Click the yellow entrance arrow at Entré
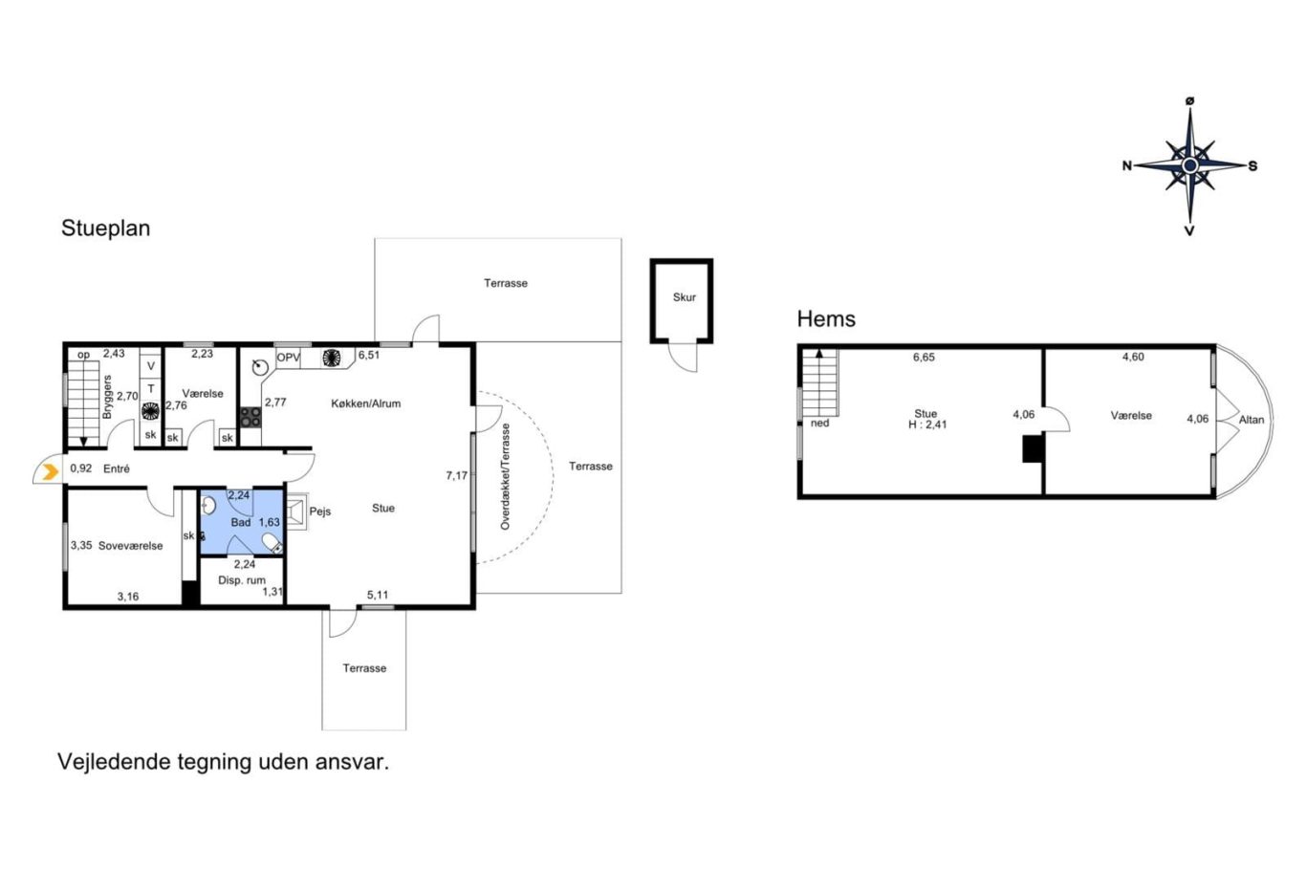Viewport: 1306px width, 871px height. point(52,471)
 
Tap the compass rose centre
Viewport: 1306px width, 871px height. point(1190,166)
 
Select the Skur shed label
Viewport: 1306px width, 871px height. point(684,297)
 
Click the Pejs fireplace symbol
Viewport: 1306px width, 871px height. point(296,512)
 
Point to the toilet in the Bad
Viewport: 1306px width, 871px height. point(272,543)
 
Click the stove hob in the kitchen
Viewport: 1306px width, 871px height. point(250,418)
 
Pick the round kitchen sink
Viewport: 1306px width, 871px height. point(260,367)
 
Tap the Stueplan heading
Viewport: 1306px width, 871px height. point(105,228)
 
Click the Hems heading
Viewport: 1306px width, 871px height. point(826,319)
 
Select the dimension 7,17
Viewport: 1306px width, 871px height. point(456,476)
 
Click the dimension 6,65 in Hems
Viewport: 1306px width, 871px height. point(924,358)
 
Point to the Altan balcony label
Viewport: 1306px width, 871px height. point(1252,420)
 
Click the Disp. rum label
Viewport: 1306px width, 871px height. point(241,580)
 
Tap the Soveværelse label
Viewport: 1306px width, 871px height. point(131,546)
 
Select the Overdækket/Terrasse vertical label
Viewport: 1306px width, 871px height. point(506,477)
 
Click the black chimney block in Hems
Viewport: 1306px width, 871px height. point(1033,449)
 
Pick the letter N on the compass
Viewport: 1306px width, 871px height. point(1127,166)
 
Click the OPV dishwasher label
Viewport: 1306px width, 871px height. point(288,358)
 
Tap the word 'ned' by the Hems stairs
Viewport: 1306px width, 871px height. point(819,424)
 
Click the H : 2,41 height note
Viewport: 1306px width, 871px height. point(927,425)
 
